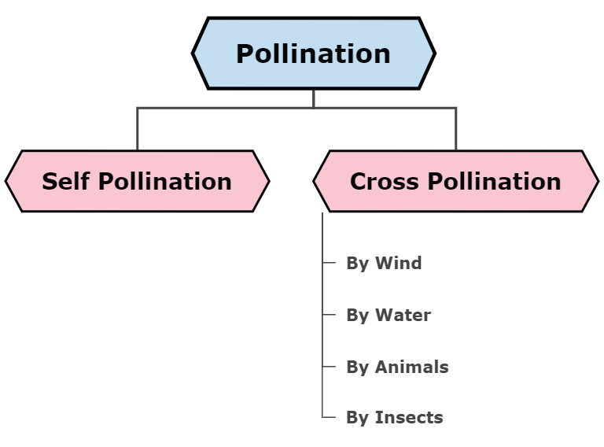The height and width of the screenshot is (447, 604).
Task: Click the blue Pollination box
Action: click(x=313, y=54)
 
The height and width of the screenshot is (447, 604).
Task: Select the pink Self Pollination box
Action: click(x=137, y=181)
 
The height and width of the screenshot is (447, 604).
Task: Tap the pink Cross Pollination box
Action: click(x=455, y=181)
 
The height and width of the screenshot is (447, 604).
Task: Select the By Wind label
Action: click(x=384, y=263)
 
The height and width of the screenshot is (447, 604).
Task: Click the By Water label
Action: click(x=389, y=315)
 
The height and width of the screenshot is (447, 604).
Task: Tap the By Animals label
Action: click(x=397, y=367)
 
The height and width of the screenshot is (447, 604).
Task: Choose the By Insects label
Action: click(x=394, y=417)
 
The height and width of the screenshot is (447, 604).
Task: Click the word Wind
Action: click(x=398, y=263)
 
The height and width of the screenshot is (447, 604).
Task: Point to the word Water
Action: click(x=403, y=315)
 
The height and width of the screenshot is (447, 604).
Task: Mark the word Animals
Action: click(x=411, y=367)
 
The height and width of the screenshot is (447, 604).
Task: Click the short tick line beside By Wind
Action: click(x=330, y=263)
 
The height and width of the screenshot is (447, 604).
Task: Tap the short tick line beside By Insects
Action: click(x=330, y=417)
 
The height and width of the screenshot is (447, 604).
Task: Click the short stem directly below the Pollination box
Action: click(x=313, y=98)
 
